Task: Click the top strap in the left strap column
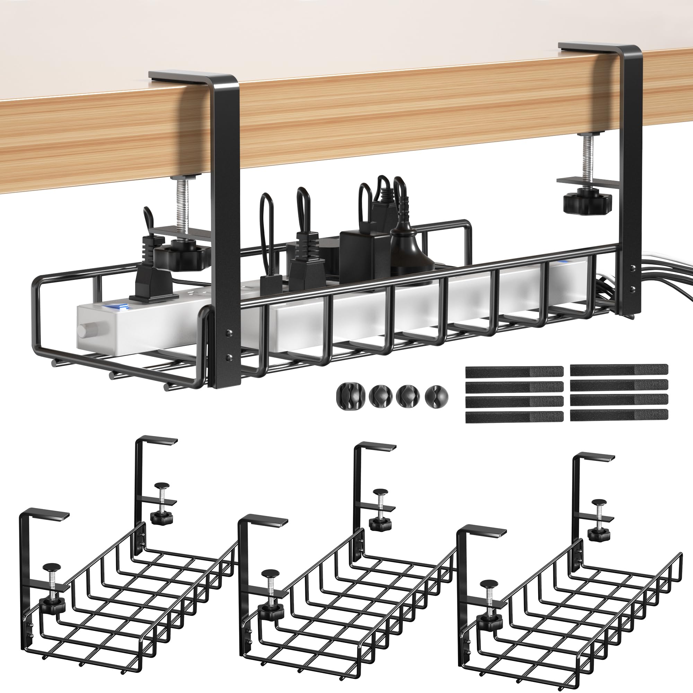514,371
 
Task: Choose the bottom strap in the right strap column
619,415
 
